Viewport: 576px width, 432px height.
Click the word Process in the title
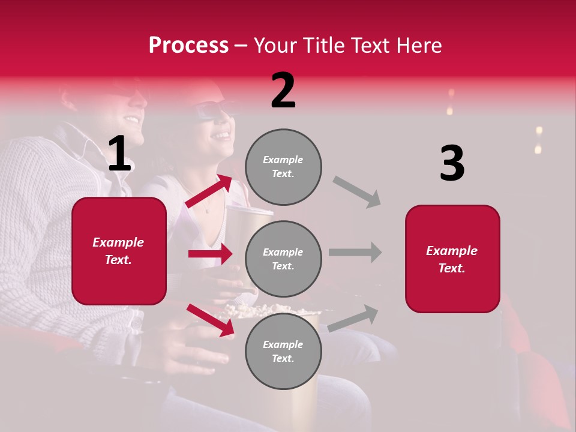[x=188, y=46]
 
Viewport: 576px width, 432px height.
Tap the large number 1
[x=119, y=154]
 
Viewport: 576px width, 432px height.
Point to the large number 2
[x=283, y=91]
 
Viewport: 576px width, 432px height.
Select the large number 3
[x=452, y=164]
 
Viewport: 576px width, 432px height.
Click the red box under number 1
[x=119, y=251]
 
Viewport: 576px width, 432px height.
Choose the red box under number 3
[x=452, y=259]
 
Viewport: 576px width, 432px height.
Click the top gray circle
[x=283, y=167]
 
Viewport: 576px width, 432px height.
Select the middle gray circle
[x=283, y=259]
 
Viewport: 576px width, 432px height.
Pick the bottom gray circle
[x=283, y=351]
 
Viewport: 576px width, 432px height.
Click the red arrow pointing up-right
[x=209, y=191]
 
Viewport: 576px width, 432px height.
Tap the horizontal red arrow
[x=210, y=254]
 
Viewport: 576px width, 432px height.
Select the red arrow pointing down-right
[x=211, y=320]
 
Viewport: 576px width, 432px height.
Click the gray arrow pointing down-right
[x=357, y=191]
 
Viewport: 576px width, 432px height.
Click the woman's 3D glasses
[x=213, y=112]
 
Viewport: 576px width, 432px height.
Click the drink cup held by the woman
[x=246, y=228]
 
